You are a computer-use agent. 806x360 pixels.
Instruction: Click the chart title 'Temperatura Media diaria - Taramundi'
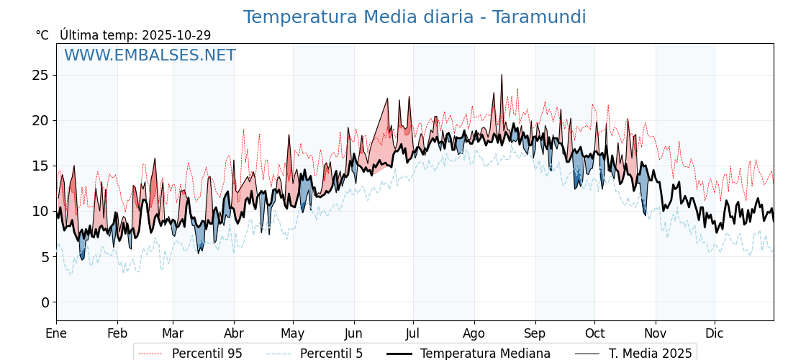pos(414,17)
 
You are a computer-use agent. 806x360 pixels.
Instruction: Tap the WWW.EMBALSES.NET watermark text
pos(150,55)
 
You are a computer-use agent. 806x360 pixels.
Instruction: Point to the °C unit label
pos(42,35)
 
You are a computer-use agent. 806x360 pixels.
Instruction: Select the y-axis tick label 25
pos(40,75)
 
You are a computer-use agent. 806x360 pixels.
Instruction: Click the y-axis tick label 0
pos(45,302)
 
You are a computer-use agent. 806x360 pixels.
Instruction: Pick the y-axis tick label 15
pos(40,166)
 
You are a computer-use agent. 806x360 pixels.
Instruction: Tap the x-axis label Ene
pos(56,333)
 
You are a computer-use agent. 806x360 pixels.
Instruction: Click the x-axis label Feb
pos(117,333)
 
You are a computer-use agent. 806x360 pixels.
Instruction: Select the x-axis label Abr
pos(234,333)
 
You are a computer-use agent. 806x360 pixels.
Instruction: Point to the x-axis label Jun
pos(353,333)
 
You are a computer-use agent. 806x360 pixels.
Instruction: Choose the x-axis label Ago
pos(474,333)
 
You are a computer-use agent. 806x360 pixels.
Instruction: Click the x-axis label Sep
pos(535,333)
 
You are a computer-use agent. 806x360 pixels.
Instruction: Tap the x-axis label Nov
pos(656,333)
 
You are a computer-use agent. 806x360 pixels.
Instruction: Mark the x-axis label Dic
pos(715,333)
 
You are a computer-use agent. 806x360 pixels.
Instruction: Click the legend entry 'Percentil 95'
pos(207,354)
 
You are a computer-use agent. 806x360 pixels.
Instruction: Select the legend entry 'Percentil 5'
pos(331,354)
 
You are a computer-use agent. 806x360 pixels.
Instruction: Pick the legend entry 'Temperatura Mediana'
pos(485,354)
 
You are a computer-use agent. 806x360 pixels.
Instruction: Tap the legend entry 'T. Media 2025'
pos(650,354)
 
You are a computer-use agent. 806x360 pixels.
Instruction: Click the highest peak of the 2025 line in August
pos(502,75)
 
